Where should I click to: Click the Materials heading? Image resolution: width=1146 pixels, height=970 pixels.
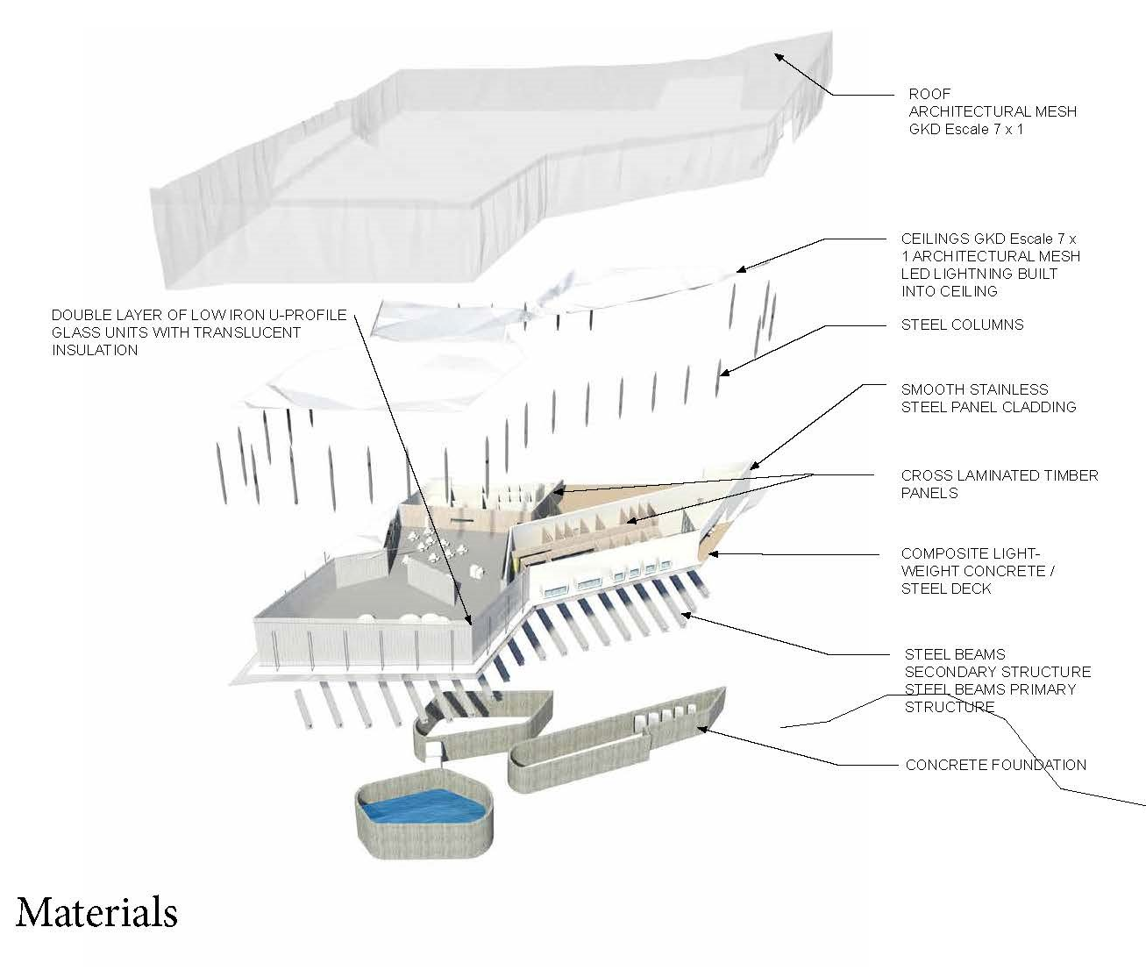[x=96, y=912]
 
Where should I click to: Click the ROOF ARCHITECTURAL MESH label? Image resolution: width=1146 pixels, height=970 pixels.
[x=992, y=111]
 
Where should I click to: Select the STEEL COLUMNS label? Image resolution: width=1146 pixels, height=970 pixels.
[x=962, y=325]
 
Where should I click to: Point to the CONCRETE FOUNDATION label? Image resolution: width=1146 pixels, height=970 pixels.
[x=995, y=765]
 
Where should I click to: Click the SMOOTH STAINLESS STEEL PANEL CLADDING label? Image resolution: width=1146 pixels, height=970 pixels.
[x=988, y=398]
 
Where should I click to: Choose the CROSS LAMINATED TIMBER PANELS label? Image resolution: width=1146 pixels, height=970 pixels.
[x=999, y=484]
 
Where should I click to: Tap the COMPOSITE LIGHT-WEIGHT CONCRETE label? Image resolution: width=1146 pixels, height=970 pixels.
[x=978, y=571]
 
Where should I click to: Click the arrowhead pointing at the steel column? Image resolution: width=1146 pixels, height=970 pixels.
[x=722, y=373]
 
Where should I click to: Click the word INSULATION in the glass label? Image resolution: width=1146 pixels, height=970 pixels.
[x=95, y=350]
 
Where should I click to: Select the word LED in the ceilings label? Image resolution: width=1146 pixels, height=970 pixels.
[x=915, y=274]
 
